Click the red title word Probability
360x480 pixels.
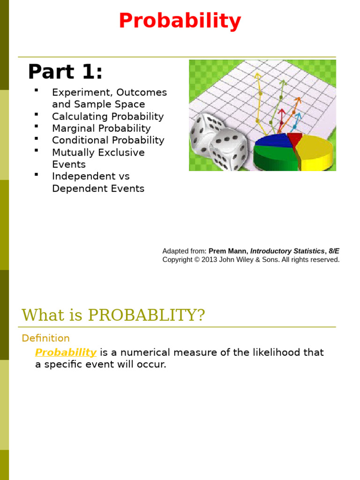pos(180,21)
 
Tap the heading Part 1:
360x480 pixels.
pos(65,72)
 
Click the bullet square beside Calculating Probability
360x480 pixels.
pos(36,114)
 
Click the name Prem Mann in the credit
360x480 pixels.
pos(228,251)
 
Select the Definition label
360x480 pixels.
pos(45,338)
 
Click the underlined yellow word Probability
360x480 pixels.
pos(66,352)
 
